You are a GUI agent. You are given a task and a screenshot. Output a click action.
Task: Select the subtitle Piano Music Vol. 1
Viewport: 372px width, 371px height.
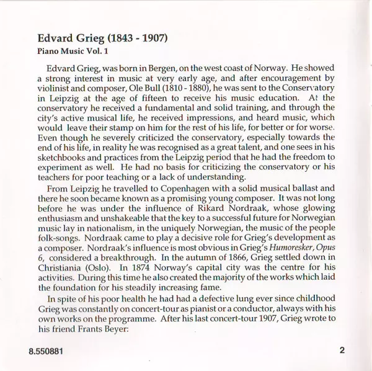pos(63,51)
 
